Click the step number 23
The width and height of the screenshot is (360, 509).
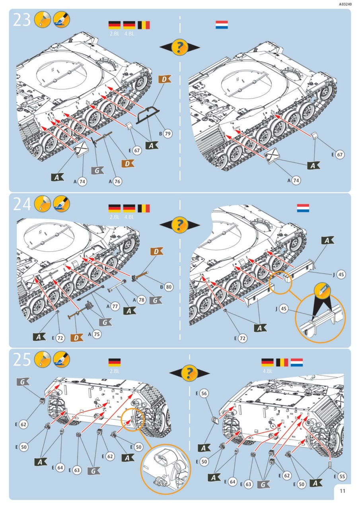coord(22,20)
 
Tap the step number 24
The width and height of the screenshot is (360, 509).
coord(22,204)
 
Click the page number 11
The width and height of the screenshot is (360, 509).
coord(342,491)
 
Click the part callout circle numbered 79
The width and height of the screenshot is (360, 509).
coord(167,134)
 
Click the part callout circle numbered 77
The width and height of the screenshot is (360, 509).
coord(115,307)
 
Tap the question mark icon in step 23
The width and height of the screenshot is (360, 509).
coord(180,47)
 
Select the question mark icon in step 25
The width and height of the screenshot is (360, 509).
coord(189,373)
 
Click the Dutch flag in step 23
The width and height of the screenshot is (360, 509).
coord(222,25)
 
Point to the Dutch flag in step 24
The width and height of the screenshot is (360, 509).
coord(303,208)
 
